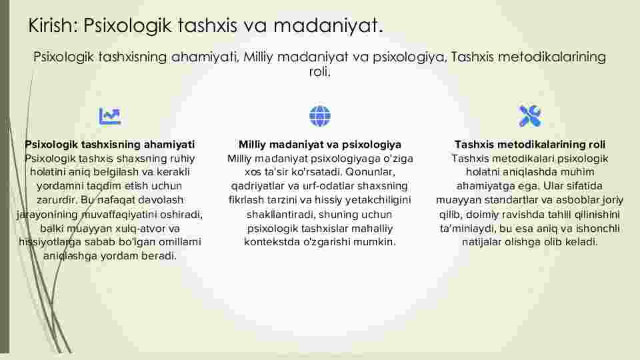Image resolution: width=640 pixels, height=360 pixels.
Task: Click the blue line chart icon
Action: click(110, 116)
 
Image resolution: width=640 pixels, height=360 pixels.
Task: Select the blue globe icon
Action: click(320, 116)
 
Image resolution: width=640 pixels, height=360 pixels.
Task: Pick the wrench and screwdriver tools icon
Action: click(530, 116)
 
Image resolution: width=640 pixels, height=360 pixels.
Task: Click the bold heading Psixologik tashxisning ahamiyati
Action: click(110, 145)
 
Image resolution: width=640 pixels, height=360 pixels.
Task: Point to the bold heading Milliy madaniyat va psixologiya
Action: click(320, 145)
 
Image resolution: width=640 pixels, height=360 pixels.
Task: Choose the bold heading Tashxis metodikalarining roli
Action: click(530, 145)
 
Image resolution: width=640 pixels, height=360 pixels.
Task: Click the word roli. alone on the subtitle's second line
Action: click(319, 72)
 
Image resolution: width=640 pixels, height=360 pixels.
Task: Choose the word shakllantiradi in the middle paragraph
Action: click(281, 214)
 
